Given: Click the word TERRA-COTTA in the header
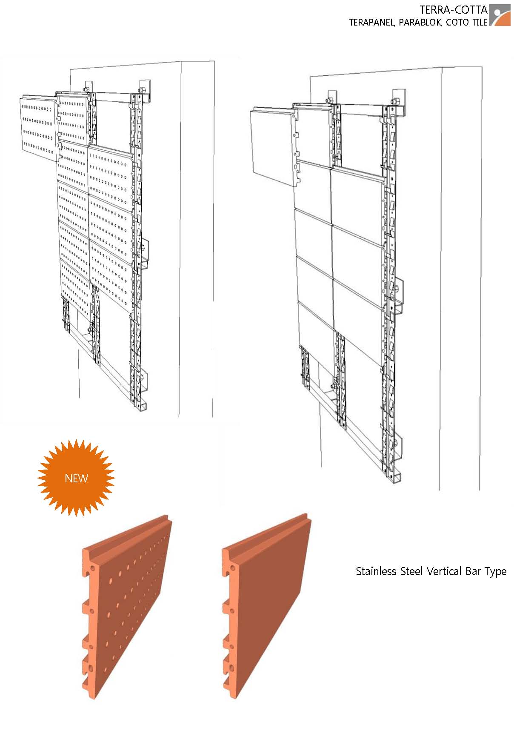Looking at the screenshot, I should pos(453,10).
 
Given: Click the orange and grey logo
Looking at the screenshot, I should pos(500,15).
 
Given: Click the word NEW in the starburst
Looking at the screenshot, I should pos(76,478).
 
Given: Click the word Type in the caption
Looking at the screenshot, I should pos(495,572).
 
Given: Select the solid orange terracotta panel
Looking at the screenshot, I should pos(266,607).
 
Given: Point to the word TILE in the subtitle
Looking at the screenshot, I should pos(479,23).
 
